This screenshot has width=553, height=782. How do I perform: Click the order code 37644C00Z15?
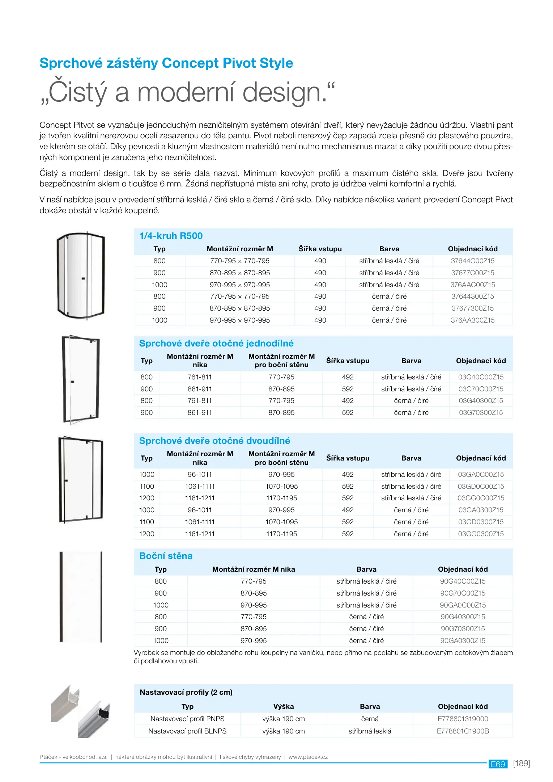(x=472, y=261)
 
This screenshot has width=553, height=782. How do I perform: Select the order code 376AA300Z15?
(x=472, y=320)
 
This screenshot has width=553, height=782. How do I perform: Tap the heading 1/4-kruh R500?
(x=171, y=236)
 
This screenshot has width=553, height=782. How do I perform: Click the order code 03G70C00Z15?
(x=481, y=389)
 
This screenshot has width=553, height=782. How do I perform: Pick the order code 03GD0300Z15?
(x=481, y=522)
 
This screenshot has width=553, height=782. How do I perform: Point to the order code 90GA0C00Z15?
(x=463, y=605)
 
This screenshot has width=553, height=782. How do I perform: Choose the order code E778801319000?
(x=463, y=719)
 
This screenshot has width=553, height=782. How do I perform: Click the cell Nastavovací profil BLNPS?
(x=187, y=731)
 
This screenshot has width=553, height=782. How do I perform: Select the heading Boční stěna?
(x=166, y=556)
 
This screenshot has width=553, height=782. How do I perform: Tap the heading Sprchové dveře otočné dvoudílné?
(x=214, y=441)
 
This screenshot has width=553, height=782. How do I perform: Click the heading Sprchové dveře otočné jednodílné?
(x=216, y=344)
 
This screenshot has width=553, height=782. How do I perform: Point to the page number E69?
(x=498, y=764)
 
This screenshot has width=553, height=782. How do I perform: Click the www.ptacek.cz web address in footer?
(x=308, y=757)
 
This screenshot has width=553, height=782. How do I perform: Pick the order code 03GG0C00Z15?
(x=481, y=498)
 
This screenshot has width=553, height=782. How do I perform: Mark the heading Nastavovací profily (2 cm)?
(x=186, y=693)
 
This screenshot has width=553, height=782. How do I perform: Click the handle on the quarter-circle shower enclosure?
(x=84, y=278)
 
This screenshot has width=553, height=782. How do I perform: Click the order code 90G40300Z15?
(x=463, y=617)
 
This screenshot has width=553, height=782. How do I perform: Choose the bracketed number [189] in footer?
(x=521, y=764)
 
